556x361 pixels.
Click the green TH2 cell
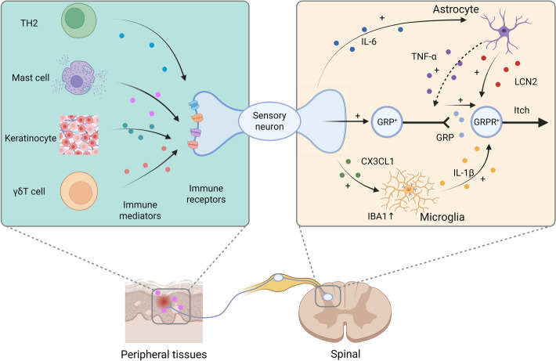click(x=79, y=20)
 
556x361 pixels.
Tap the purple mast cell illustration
click(x=79, y=78)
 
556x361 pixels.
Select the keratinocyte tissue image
click(x=79, y=135)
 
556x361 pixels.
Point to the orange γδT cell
click(x=79, y=191)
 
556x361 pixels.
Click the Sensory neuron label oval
click(x=269, y=121)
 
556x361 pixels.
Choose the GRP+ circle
click(x=387, y=122)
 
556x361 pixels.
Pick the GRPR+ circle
click(x=486, y=122)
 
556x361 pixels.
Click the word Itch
click(x=522, y=110)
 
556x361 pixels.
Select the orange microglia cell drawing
click(x=409, y=190)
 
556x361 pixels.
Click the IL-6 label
click(x=369, y=42)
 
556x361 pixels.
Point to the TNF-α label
click(x=424, y=56)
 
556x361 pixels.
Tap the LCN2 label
click(x=525, y=82)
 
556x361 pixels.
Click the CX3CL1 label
click(x=377, y=161)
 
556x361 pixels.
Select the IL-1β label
click(x=464, y=173)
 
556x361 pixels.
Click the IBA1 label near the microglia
click(x=381, y=216)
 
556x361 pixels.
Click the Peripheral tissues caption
click(x=164, y=354)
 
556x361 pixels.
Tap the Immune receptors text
click(x=206, y=193)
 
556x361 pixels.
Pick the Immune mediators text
click(x=140, y=210)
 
